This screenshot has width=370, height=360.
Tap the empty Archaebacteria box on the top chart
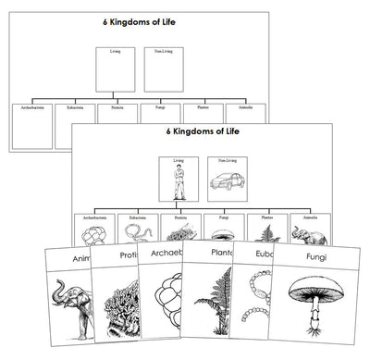(x=31, y=121)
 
